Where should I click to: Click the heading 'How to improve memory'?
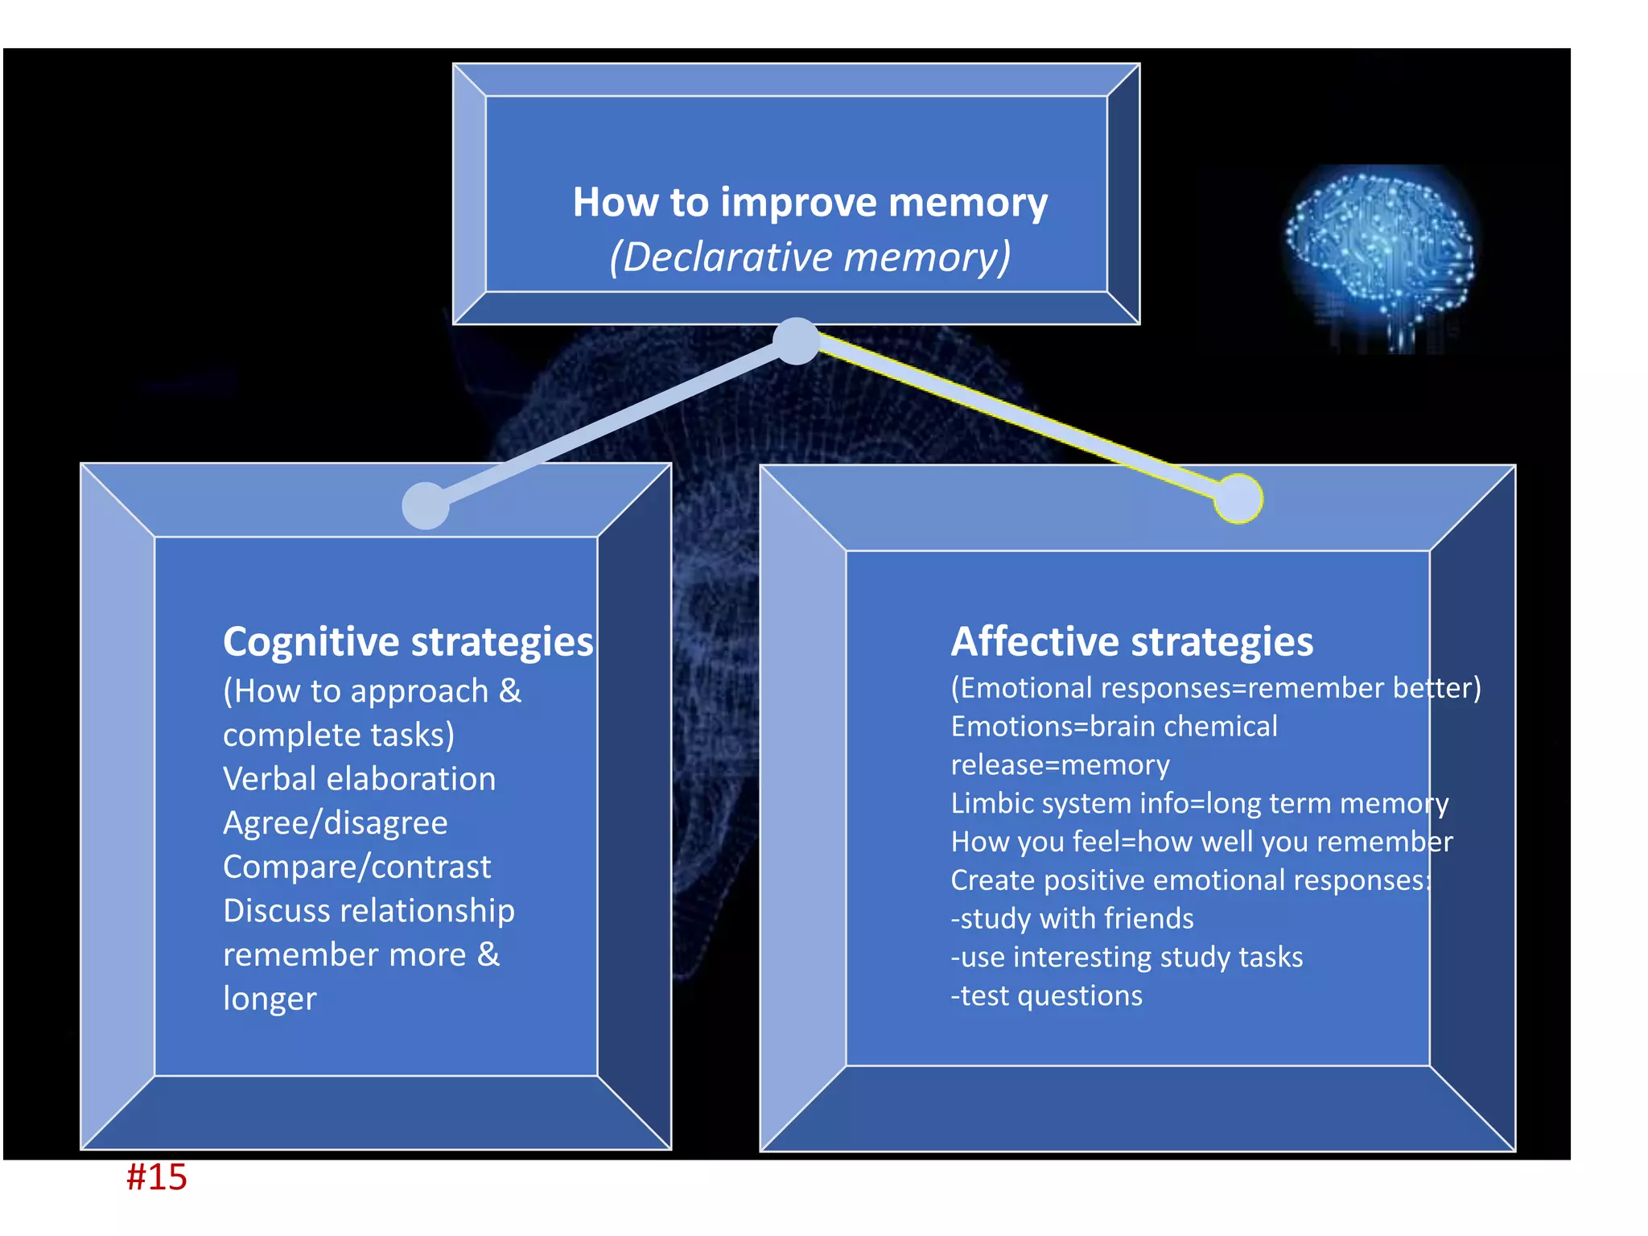pyautogui.click(x=810, y=202)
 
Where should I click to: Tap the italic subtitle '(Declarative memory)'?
pyautogui.click(x=810, y=257)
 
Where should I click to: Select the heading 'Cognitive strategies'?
pyautogui.click(x=408, y=641)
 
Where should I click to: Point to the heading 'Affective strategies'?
pyautogui.click(x=1131, y=641)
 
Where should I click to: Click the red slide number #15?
pyautogui.click(x=157, y=1177)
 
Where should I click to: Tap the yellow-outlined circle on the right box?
pyautogui.click(x=1238, y=499)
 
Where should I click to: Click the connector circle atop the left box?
pyautogui.click(x=426, y=505)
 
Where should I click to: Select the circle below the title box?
pyautogui.click(x=796, y=341)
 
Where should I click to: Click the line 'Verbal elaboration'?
pyautogui.click(x=359, y=779)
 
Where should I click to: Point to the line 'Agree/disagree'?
pyautogui.click(x=335, y=822)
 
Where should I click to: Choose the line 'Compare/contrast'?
pyautogui.click(x=356, y=867)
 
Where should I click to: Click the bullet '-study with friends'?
pyautogui.click(x=1072, y=918)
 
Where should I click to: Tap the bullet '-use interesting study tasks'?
pyautogui.click(x=1127, y=957)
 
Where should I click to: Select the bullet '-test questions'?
pyautogui.click(x=1046, y=995)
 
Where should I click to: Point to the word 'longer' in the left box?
pyautogui.click(x=270, y=999)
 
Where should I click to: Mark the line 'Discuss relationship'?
pyautogui.click(x=369, y=911)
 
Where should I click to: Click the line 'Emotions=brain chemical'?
pyautogui.click(x=1114, y=727)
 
